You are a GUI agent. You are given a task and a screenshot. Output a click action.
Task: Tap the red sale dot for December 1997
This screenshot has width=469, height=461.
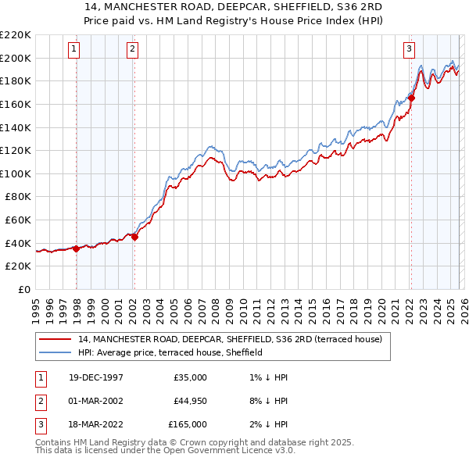coord(77,249)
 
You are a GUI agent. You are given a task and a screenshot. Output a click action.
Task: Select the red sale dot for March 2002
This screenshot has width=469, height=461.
coord(134,238)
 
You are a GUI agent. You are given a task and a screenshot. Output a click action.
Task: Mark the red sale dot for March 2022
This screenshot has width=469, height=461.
coord(411,98)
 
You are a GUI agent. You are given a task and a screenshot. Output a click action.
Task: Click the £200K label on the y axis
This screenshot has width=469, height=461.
coord(17,58)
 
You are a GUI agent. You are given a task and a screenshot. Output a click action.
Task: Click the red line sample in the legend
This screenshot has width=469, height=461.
coord(56,339)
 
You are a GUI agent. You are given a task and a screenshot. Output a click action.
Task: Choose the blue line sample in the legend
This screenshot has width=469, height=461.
coord(56,352)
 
